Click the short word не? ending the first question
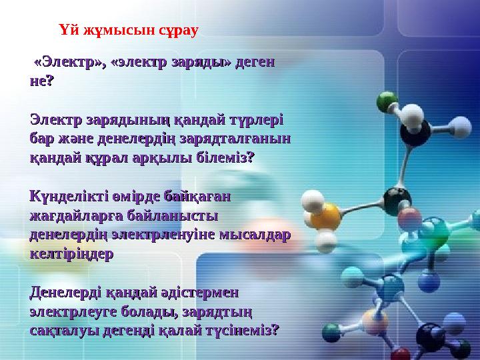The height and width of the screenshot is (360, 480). tap(43, 81)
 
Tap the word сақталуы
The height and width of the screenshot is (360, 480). tap(64, 329)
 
